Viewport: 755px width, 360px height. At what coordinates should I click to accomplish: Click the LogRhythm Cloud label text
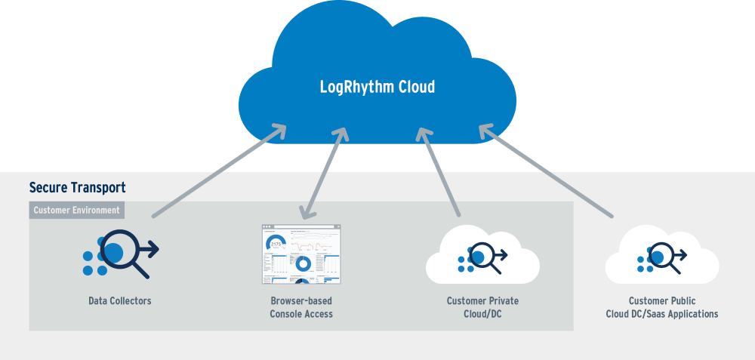(x=377, y=88)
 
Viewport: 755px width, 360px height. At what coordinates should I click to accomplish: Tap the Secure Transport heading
(x=77, y=187)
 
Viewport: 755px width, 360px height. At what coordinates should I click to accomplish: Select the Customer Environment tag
(x=77, y=210)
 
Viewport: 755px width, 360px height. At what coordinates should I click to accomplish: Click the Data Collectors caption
(x=120, y=301)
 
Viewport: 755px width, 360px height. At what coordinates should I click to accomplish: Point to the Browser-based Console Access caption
(x=301, y=307)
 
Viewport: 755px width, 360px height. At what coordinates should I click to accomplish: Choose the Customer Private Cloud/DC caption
(x=482, y=307)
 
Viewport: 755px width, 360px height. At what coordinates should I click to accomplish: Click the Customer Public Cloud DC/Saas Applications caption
(x=662, y=307)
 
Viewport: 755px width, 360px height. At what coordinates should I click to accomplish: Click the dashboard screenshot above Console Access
(x=301, y=254)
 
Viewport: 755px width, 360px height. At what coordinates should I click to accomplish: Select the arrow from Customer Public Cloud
(x=544, y=171)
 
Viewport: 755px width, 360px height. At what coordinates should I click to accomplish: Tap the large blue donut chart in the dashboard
(x=303, y=263)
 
